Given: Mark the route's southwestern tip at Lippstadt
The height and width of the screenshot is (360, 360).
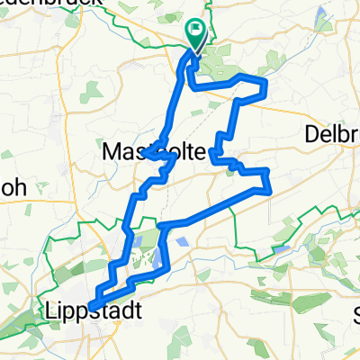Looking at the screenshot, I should (x=92, y=306).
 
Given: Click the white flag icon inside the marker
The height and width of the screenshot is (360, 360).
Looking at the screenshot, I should (x=196, y=30).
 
